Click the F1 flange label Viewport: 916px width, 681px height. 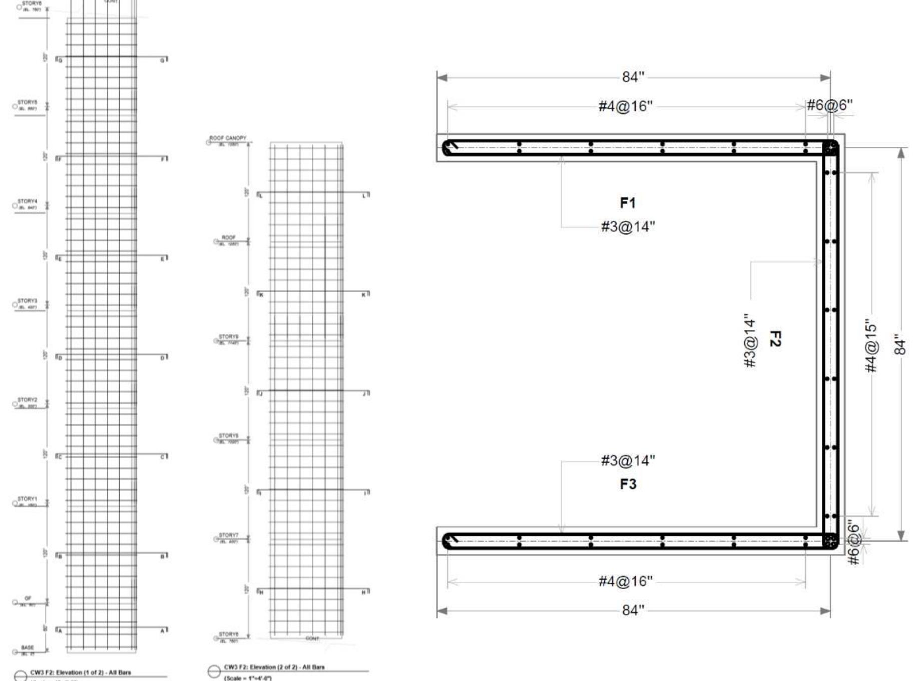[628, 202]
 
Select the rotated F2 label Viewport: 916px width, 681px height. [774, 339]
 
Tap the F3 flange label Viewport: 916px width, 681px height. [628, 484]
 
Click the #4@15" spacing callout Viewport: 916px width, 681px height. [871, 347]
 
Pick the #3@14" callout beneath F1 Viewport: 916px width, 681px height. [628, 226]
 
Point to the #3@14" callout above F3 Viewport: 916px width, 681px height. [628, 460]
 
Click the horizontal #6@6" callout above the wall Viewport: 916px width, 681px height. [829, 105]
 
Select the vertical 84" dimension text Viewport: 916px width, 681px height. [900, 345]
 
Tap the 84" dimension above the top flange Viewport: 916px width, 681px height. [633, 77]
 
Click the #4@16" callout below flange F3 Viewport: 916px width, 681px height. [626, 581]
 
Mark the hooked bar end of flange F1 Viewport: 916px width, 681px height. [450, 147]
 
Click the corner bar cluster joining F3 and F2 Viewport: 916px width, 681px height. [830, 541]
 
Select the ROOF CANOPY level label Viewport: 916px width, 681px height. [228, 138]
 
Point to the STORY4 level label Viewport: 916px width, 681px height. [28, 201]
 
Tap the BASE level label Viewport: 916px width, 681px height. [28, 647]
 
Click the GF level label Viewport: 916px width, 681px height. [28, 598]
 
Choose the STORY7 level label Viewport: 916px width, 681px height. [228, 535]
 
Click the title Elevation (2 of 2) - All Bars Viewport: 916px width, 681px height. [274, 667]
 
